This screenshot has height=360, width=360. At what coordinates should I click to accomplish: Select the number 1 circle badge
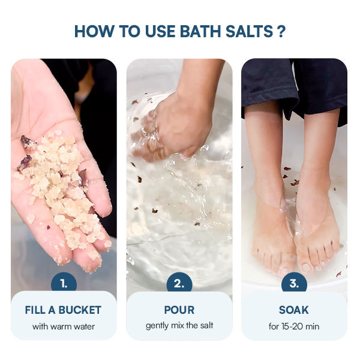64,284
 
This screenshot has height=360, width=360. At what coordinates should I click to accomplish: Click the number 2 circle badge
179,284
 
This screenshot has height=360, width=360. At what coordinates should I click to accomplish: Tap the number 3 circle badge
294,284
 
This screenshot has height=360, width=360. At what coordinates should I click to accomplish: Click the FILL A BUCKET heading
63,310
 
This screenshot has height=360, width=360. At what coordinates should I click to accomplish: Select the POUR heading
179,310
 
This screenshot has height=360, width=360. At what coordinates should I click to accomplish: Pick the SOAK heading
294,310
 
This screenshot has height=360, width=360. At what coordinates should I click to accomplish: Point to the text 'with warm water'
64,326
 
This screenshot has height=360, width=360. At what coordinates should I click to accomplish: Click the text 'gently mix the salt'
179,326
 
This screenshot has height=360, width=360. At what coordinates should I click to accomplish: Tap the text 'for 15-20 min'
294,326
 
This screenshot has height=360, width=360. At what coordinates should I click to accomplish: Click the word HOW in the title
94,31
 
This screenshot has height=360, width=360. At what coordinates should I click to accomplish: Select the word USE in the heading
160,31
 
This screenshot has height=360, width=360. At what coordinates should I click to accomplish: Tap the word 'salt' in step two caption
206,326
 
